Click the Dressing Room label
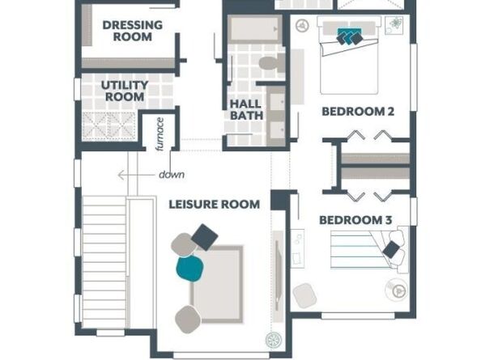pos(133,31)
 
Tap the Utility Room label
pos(125,91)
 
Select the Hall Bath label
pos(247,110)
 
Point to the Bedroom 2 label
pos(358,112)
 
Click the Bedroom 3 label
pos(355,220)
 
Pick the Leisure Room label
pos(215,205)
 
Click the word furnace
pos(160,134)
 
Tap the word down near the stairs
pos(172,175)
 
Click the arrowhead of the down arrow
pos(121,176)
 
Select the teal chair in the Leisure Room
pos(189,269)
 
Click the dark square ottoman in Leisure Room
pos(205,237)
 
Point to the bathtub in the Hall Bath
pos(254,28)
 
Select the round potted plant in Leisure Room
pos(274,340)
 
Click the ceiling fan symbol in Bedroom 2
pos(302,25)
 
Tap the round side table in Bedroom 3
pos(396,289)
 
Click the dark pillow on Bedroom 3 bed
pos(391,249)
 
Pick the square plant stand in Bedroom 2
pos(394,25)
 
